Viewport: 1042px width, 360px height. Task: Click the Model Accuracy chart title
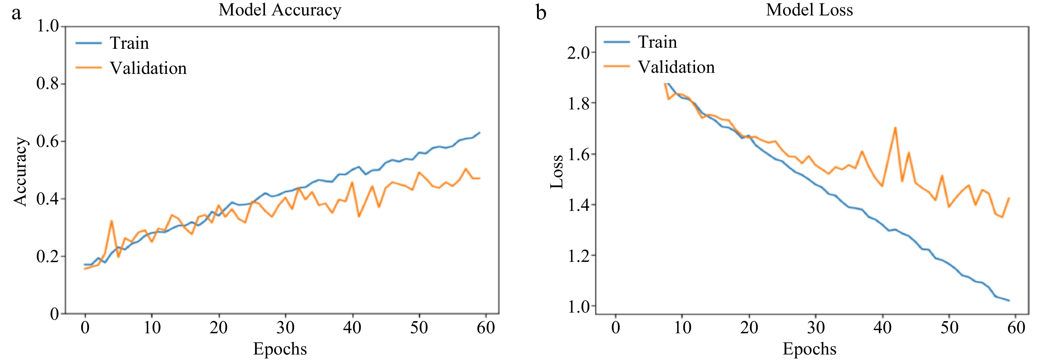[x=280, y=10]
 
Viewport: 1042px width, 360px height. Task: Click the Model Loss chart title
[x=809, y=10]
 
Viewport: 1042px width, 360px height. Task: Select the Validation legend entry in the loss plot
[x=676, y=67]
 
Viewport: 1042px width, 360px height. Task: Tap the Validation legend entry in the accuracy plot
[x=148, y=68]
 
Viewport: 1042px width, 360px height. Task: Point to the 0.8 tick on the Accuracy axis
[x=48, y=84]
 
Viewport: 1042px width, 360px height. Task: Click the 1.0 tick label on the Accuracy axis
[x=48, y=26]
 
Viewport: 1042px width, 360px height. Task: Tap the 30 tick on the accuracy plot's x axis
[x=286, y=327]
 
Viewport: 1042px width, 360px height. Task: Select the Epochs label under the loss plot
[x=809, y=349]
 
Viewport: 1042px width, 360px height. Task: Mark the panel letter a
[x=16, y=13]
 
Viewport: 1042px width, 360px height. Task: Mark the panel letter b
[x=541, y=13]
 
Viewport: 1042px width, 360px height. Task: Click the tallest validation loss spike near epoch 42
[x=895, y=128]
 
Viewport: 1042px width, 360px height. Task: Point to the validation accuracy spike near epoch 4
[x=112, y=221]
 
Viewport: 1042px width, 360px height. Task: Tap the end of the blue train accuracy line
[x=479, y=132]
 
